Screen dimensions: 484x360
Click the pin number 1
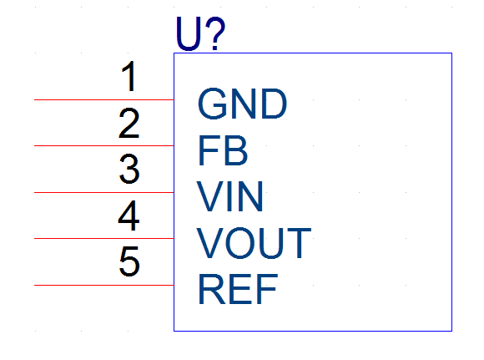coord(129,76)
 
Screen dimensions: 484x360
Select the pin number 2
coord(129,123)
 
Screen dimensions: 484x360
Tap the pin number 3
coord(129,169)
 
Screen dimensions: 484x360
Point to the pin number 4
coord(129,215)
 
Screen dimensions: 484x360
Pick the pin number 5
coord(129,261)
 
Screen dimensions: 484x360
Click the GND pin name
coord(242,104)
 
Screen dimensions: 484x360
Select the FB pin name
coord(223,150)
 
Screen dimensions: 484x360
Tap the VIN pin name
coord(230,196)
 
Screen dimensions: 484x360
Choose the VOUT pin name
coord(254,242)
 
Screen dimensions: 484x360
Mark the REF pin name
coord(238,289)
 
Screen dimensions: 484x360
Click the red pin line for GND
coord(104,99)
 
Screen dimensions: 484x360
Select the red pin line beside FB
coord(104,145)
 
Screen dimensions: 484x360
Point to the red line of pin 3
coord(104,192)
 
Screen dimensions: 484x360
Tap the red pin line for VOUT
coord(104,239)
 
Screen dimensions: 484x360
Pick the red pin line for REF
coord(104,285)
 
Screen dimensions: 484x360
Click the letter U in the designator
coord(189,34)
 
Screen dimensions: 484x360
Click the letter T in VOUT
coord(299,242)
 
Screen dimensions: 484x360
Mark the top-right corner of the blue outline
coord(452,53)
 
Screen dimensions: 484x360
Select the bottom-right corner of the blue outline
coord(452,331)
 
